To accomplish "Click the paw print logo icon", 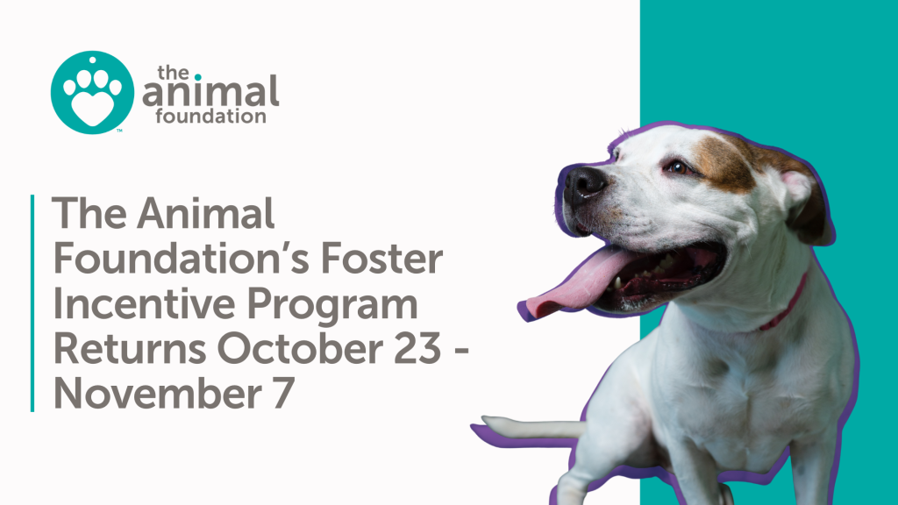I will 92,91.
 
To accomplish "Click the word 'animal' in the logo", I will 213,91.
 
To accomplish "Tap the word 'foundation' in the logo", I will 210,116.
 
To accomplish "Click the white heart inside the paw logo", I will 91,106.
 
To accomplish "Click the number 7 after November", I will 275,392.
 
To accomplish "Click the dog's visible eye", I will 677,165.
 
